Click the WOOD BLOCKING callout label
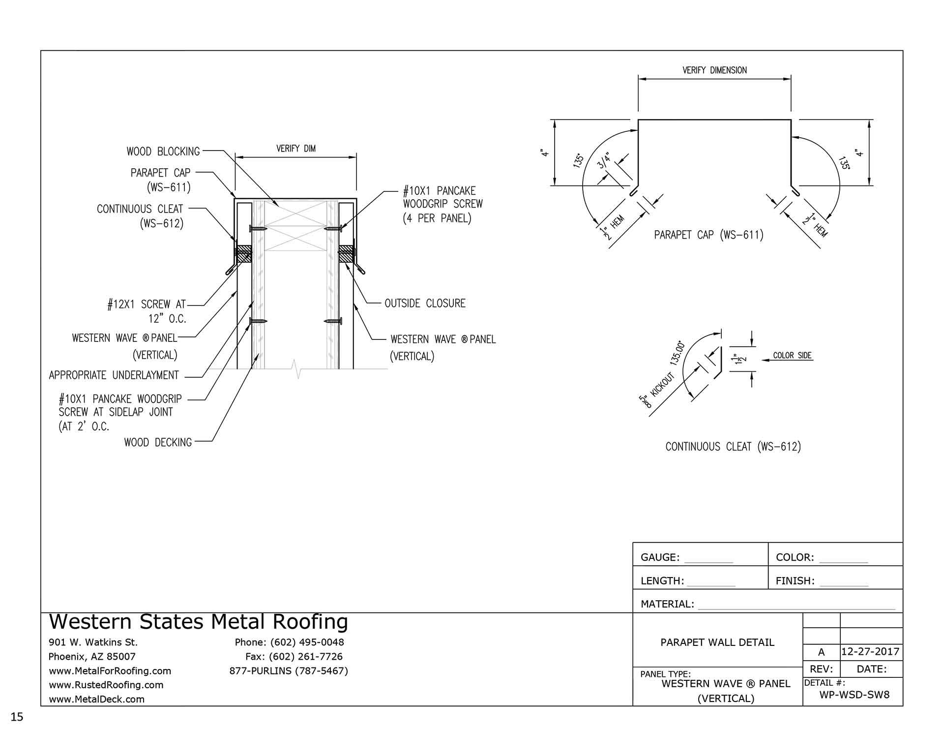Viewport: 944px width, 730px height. (x=163, y=152)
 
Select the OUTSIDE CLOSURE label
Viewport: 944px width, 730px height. (x=425, y=304)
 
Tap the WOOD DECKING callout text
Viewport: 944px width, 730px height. (x=158, y=443)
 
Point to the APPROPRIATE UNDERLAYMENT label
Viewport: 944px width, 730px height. (x=114, y=375)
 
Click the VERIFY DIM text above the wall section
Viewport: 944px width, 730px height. (x=295, y=149)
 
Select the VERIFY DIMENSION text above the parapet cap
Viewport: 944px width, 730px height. (x=714, y=70)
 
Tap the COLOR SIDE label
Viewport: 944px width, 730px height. (x=792, y=356)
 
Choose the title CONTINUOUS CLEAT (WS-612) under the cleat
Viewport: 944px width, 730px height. (x=733, y=447)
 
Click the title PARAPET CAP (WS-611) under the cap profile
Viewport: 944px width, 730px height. (x=708, y=235)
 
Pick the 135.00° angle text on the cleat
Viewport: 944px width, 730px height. (x=677, y=352)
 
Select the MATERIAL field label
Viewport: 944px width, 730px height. (x=667, y=604)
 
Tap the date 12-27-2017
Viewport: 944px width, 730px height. (x=870, y=652)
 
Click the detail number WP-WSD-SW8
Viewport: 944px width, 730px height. (x=855, y=695)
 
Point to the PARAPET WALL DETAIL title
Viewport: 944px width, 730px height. (x=717, y=642)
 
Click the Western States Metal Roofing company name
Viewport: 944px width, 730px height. (x=199, y=622)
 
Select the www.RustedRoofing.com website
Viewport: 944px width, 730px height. (x=106, y=685)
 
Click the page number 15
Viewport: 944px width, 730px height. (x=18, y=717)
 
